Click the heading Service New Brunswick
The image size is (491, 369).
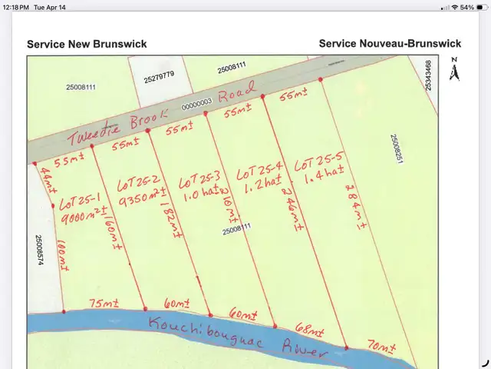pos(87,44)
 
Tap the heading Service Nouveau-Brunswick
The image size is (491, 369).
pos(390,44)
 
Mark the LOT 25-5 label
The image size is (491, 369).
pos(317,164)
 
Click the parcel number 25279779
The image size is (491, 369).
pos(160,75)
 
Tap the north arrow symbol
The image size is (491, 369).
pos(454,71)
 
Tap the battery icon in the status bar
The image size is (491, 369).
pos(479,7)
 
